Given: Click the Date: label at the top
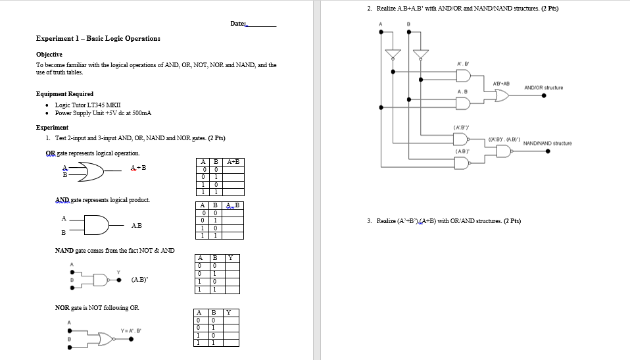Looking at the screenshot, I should click(238, 24).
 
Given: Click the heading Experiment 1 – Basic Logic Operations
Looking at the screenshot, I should click(98, 38).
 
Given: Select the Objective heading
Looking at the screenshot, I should click(49, 54).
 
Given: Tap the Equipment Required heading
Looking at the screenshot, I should click(64, 93).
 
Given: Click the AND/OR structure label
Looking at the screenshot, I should click(543, 87).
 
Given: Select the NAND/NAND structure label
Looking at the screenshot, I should click(547, 143).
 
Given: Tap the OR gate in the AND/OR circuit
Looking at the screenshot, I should click(500, 95).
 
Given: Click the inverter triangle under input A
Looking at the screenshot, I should click(393, 53).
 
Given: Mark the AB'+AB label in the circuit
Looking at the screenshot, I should click(502, 82).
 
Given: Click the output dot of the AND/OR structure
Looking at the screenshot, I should click(543, 95).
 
